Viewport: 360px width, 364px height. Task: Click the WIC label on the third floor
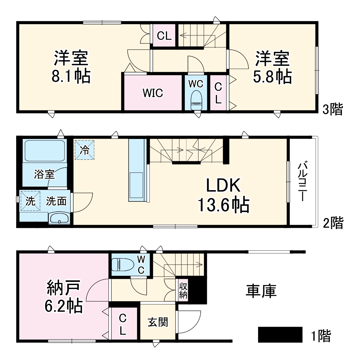coord(153,93)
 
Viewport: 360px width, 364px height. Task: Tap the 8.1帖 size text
coord(71,76)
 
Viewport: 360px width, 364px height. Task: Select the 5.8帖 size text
coord(272,76)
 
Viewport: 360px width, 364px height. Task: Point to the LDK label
coord(224,186)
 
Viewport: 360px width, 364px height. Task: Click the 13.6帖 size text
coord(224,205)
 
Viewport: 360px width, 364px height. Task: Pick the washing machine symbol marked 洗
coord(30,201)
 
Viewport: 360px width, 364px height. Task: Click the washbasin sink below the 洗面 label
coord(59,219)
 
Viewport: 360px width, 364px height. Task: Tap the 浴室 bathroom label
coord(44,174)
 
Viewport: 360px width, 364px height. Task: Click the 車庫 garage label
coord(261,291)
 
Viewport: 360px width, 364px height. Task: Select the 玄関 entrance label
coord(158,322)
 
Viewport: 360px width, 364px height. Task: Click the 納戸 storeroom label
coord(64,288)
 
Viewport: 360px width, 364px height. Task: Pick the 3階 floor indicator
coord(333,109)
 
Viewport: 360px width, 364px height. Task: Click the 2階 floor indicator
coord(333,223)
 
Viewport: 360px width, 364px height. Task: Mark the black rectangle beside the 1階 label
coord(280,334)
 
